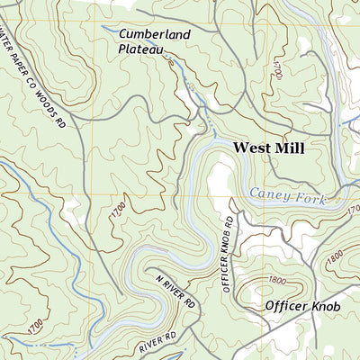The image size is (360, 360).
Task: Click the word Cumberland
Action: (x=155, y=35)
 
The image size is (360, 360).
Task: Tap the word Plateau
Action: (x=140, y=50)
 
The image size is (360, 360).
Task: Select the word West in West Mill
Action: (x=253, y=148)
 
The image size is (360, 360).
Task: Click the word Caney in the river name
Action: (x=267, y=193)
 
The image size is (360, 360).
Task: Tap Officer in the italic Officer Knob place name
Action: (x=288, y=306)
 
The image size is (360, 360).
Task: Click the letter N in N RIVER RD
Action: (x=157, y=281)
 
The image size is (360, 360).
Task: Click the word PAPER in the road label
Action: (x=18, y=63)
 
